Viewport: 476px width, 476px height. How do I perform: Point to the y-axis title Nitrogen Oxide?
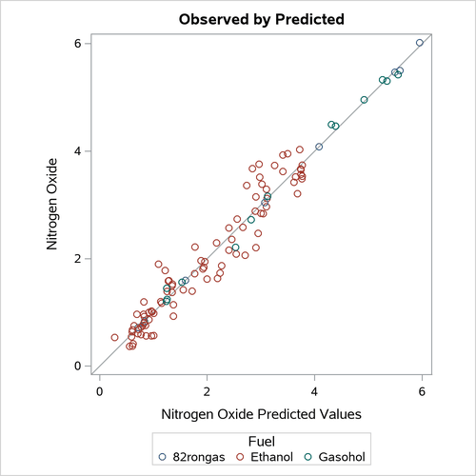pos(54,205)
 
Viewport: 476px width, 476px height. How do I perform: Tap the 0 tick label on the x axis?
pos(100,390)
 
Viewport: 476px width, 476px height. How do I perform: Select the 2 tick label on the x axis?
pos(208,390)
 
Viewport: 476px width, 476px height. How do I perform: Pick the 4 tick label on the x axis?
pos(315,390)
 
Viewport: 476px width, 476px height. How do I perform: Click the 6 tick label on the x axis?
pos(423,390)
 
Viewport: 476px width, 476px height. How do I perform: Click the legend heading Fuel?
pos(262,441)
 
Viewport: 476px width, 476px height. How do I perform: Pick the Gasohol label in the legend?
pos(342,457)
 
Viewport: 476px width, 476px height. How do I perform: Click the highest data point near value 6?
pos(420,43)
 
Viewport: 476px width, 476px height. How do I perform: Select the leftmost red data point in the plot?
pos(115,337)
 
